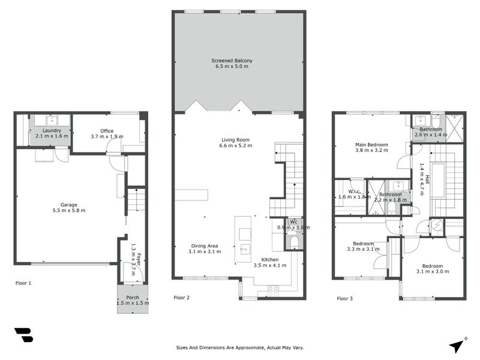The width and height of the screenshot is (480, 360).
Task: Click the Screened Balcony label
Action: point(232,61)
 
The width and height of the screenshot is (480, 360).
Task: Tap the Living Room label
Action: point(236,140)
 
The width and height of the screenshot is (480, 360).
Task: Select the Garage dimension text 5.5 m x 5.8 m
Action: point(69,211)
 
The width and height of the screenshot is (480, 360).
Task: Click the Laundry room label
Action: point(52,130)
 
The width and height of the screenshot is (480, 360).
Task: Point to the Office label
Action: point(107,131)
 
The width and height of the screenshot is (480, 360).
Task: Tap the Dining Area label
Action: point(205,245)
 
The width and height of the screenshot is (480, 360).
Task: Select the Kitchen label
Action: point(269,259)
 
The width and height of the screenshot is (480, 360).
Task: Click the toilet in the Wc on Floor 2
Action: point(293,241)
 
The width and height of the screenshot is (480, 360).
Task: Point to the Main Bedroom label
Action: point(371,145)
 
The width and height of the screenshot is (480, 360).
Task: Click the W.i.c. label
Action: point(346,193)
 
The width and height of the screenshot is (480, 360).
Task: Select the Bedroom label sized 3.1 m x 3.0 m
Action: point(432,266)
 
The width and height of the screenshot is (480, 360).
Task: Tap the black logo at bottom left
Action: point(23,335)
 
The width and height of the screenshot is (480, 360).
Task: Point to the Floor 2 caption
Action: point(181,298)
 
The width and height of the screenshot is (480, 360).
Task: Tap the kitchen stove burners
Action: point(272,289)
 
